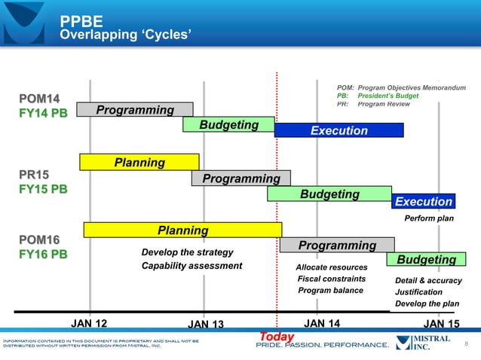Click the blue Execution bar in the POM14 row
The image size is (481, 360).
pos(339,130)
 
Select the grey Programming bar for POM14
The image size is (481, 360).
pos(134,111)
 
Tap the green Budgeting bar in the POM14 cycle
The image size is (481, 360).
pos(228,124)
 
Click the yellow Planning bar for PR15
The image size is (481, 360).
pos(139,162)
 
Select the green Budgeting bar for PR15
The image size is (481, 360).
pos(329,194)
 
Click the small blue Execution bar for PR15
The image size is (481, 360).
pos(424,201)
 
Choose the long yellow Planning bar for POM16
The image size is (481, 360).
pos(182,230)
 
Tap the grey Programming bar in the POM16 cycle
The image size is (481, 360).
pos(337,245)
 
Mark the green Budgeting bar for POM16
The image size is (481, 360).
pos(426,259)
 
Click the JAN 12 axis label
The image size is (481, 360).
pos(89,323)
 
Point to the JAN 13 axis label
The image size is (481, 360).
pos(206,325)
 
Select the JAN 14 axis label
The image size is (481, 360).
pos(322,323)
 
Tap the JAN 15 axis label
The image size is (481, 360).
pos(442,324)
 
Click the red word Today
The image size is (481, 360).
pos(276,336)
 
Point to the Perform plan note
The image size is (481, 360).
pos(429,219)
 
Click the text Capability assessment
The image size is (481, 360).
pos(191,265)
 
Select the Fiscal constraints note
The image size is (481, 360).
pos(332,279)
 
